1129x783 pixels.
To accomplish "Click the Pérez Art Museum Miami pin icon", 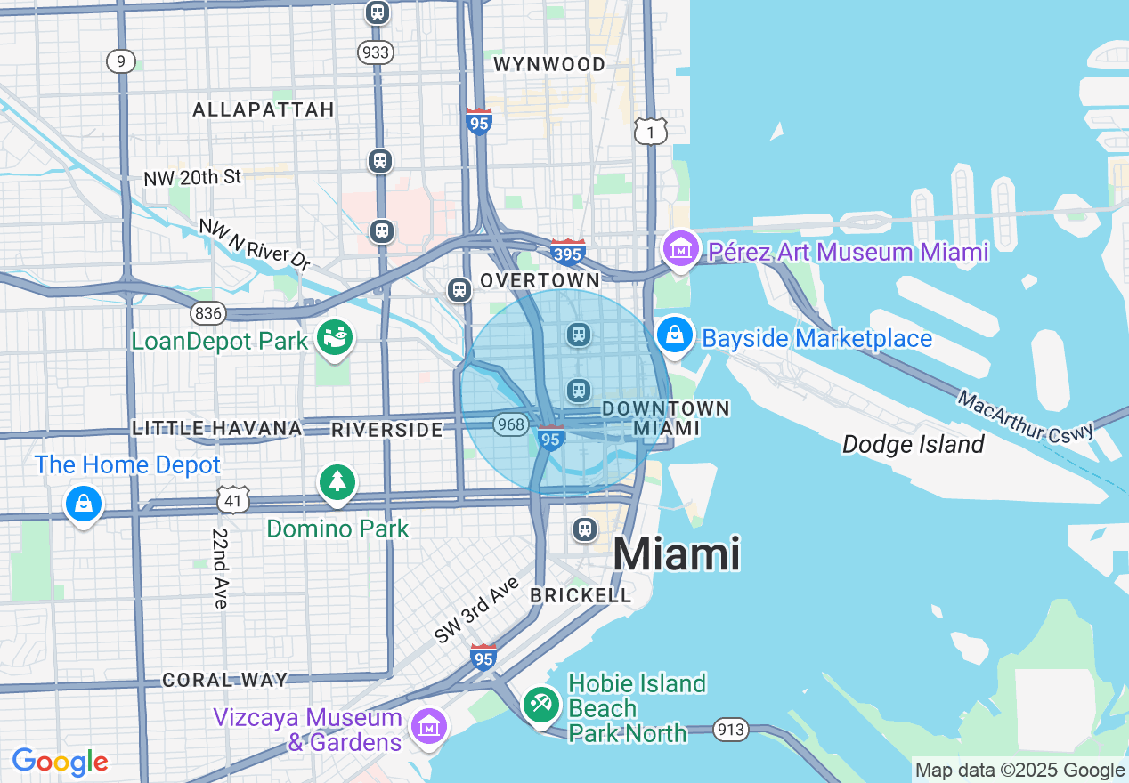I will [x=682, y=249].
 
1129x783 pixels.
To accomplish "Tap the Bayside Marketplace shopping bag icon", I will [x=675, y=335].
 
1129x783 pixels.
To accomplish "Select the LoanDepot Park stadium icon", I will [x=337, y=338].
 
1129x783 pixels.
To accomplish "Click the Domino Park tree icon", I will [x=337, y=482].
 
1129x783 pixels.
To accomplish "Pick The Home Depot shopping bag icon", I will [x=83, y=505].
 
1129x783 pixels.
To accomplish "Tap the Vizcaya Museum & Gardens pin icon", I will [x=429, y=726].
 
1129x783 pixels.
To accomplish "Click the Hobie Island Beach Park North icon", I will [x=540, y=705].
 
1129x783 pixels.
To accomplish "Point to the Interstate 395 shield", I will [x=567, y=253].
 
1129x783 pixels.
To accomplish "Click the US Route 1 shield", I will [x=651, y=131].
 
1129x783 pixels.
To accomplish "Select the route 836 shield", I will [x=207, y=312].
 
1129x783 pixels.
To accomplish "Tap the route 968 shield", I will [x=511, y=424].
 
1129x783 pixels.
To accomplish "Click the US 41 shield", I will [x=232, y=500].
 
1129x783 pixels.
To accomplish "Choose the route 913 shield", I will [x=731, y=730].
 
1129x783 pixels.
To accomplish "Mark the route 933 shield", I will [x=377, y=52].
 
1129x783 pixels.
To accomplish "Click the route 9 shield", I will [x=120, y=61].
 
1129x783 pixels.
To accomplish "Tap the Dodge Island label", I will [x=913, y=444].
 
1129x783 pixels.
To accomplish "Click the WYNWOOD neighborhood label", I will [x=548, y=64].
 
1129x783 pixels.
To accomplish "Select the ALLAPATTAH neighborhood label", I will [x=264, y=109].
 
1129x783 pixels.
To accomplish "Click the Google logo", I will [x=60, y=763].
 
